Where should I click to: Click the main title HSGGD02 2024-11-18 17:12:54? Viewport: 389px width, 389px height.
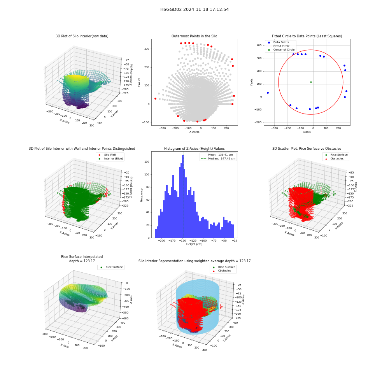pyautogui.click(x=194, y=9)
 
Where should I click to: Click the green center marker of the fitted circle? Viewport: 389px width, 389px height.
pyautogui.click(x=311, y=82)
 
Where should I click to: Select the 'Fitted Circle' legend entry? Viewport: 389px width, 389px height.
pyautogui.click(x=278, y=46)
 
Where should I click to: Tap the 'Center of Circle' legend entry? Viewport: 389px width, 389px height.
pyautogui.click(x=280, y=50)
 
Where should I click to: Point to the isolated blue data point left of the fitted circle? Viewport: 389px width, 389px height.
pyautogui.click(x=268, y=93)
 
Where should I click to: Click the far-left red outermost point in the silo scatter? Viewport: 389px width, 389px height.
pyautogui.click(x=156, y=99)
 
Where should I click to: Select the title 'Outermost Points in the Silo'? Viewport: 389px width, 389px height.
pyautogui.click(x=194, y=36)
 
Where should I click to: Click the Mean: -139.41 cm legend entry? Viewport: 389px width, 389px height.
pyautogui.click(x=217, y=154)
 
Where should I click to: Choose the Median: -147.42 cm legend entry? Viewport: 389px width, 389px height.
pyautogui.click(x=218, y=159)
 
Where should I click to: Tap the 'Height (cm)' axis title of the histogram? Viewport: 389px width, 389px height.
pyautogui.click(x=194, y=244)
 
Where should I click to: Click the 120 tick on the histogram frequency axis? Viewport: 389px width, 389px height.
pyautogui.click(x=147, y=162)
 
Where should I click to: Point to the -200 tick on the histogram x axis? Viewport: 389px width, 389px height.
pyautogui.click(x=161, y=241)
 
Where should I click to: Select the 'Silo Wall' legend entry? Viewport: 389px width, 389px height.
pyautogui.click(x=107, y=154)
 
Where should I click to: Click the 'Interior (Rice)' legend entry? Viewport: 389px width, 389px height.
pyautogui.click(x=110, y=159)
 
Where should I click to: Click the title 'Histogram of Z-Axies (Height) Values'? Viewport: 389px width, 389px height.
pyautogui.click(x=194, y=149)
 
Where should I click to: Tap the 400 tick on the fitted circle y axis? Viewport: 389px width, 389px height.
pyautogui.click(x=259, y=46)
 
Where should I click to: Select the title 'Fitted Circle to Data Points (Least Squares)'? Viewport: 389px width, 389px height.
pyautogui.click(x=307, y=36)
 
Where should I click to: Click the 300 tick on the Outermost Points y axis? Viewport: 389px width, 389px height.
pyautogui.click(x=147, y=49)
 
